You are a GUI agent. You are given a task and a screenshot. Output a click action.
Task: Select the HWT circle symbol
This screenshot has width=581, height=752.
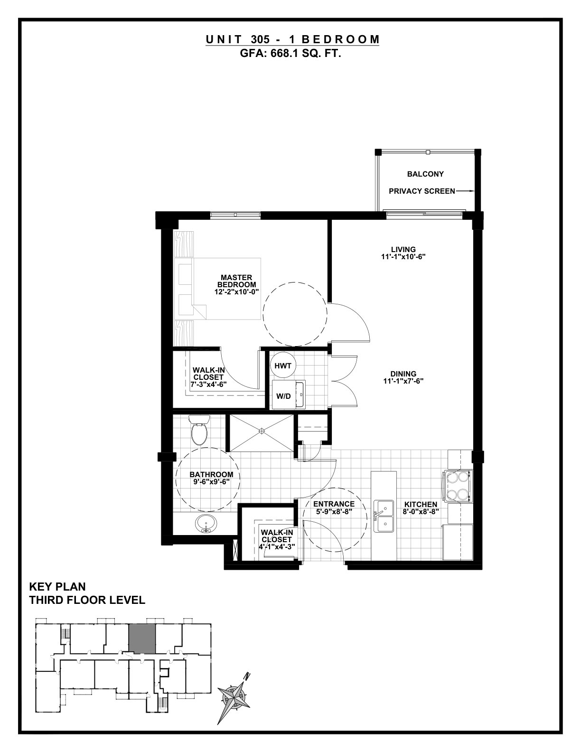tap(283, 366)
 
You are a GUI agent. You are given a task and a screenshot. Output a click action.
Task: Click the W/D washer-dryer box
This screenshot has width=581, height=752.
tap(288, 395)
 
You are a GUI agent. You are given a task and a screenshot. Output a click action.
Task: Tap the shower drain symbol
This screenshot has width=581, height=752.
tap(262, 431)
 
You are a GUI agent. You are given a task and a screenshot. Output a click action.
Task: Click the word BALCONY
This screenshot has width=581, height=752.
tap(425, 174)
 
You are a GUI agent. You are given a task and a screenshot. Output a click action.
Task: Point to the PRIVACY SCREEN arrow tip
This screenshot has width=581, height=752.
tap(473, 191)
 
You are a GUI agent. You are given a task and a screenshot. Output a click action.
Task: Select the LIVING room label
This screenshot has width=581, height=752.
tap(403, 249)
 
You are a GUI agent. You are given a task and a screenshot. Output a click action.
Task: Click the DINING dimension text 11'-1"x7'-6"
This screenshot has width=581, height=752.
tap(403, 381)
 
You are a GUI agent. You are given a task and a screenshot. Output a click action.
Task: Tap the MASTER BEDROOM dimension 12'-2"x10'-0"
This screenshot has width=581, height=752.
tap(236, 292)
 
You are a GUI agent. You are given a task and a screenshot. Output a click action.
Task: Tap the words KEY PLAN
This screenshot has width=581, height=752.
tap(57, 587)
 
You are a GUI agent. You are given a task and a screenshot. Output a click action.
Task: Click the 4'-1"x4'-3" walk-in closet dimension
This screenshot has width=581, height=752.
tap(277, 547)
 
